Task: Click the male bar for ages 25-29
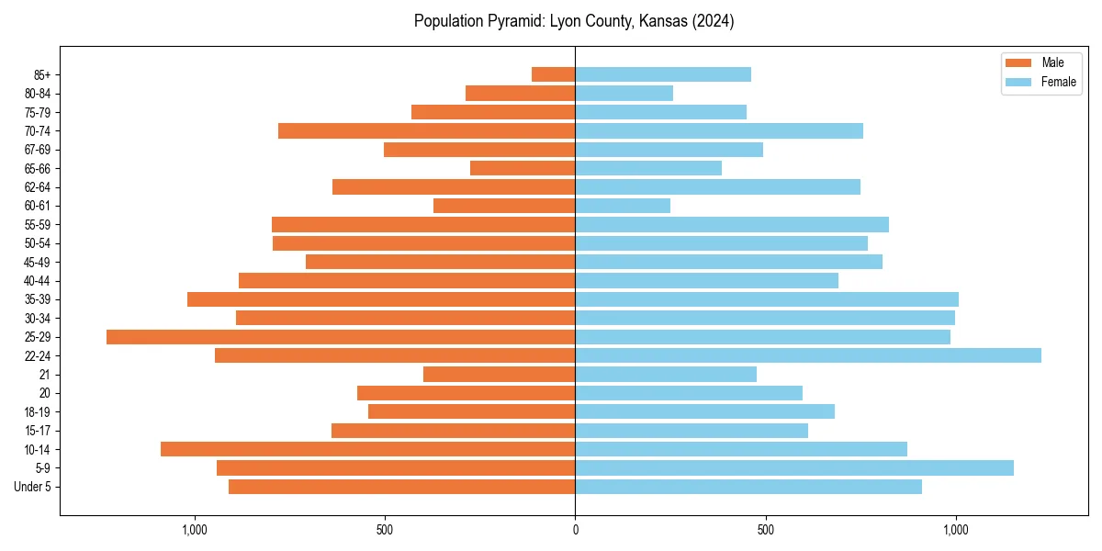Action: click(341, 337)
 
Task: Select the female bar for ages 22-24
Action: click(808, 355)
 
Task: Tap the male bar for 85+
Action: click(554, 74)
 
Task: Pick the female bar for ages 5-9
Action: click(794, 467)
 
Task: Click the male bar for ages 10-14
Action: click(368, 449)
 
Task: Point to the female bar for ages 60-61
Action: click(623, 206)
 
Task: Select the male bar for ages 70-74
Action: click(427, 130)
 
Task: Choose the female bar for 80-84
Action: click(624, 93)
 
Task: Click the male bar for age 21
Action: click(500, 374)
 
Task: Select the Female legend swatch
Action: click(1019, 82)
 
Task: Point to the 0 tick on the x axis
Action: click(576, 530)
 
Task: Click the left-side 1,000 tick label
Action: click(195, 530)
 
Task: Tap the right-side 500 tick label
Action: click(766, 530)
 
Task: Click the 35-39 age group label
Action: click(38, 299)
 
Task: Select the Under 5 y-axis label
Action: click(32, 487)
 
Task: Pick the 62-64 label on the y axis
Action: click(38, 187)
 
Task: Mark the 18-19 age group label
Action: click(38, 411)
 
